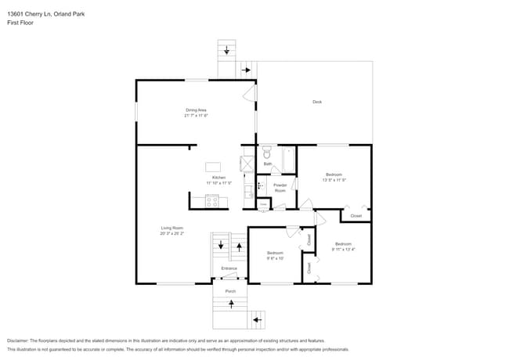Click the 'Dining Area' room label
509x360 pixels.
click(196, 110)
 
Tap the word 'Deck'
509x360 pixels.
click(317, 102)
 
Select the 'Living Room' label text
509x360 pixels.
click(171, 228)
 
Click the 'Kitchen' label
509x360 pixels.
click(219, 178)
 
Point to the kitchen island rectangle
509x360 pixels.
click(214, 166)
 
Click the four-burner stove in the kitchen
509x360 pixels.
click(211, 201)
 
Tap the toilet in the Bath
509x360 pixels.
click(266, 153)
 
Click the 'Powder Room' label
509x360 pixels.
click(280, 187)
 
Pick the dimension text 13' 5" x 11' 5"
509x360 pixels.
click(334, 180)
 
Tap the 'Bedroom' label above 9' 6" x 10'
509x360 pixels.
click(275, 252)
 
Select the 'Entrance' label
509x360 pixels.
click(229, 268)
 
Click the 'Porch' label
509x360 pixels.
click(230, 291)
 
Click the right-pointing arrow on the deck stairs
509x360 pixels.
click(246, 70)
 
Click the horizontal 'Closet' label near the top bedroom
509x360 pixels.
click(356, 215)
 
